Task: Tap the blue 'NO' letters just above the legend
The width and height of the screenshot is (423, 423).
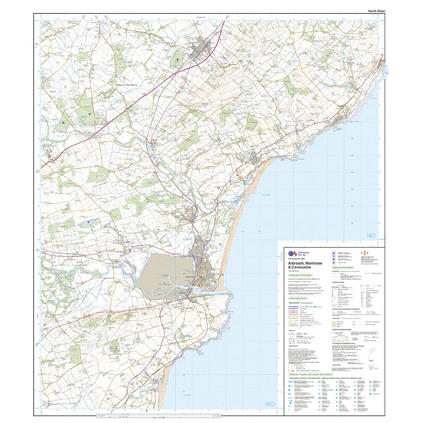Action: coord(373,234)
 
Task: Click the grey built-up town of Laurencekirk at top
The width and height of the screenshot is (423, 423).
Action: coord(204,51)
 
